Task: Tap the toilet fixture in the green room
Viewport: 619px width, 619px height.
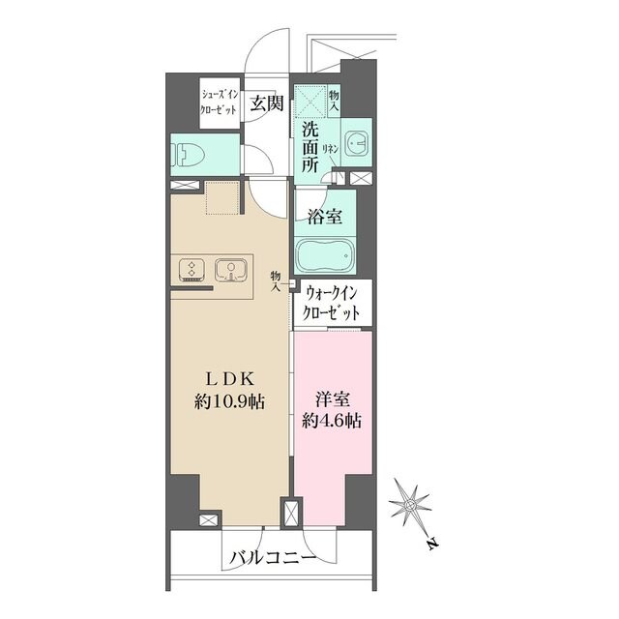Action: pyautogui.click(x=184, y=152)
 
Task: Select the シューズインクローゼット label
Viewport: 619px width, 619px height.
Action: pyautogui.click(x=219, y=103)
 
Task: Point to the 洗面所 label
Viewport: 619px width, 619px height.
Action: pyautogui.click(x=309, y=147)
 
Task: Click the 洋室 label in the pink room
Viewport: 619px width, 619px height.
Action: pyautogui.click(x=332, y=397)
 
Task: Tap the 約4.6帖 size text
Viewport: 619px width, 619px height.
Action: pyautogui.click(x=332, y=421)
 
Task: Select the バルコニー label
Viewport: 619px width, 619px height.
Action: pyautogui.click(x=273, y=558)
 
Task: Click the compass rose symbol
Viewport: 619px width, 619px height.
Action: pyautogui.click(x=411, y=505)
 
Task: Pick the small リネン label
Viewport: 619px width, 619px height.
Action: pyautogui.click(x=330, y=149)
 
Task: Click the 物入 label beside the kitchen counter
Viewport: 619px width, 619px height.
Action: pyautogui.click(x=276, y=280)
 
